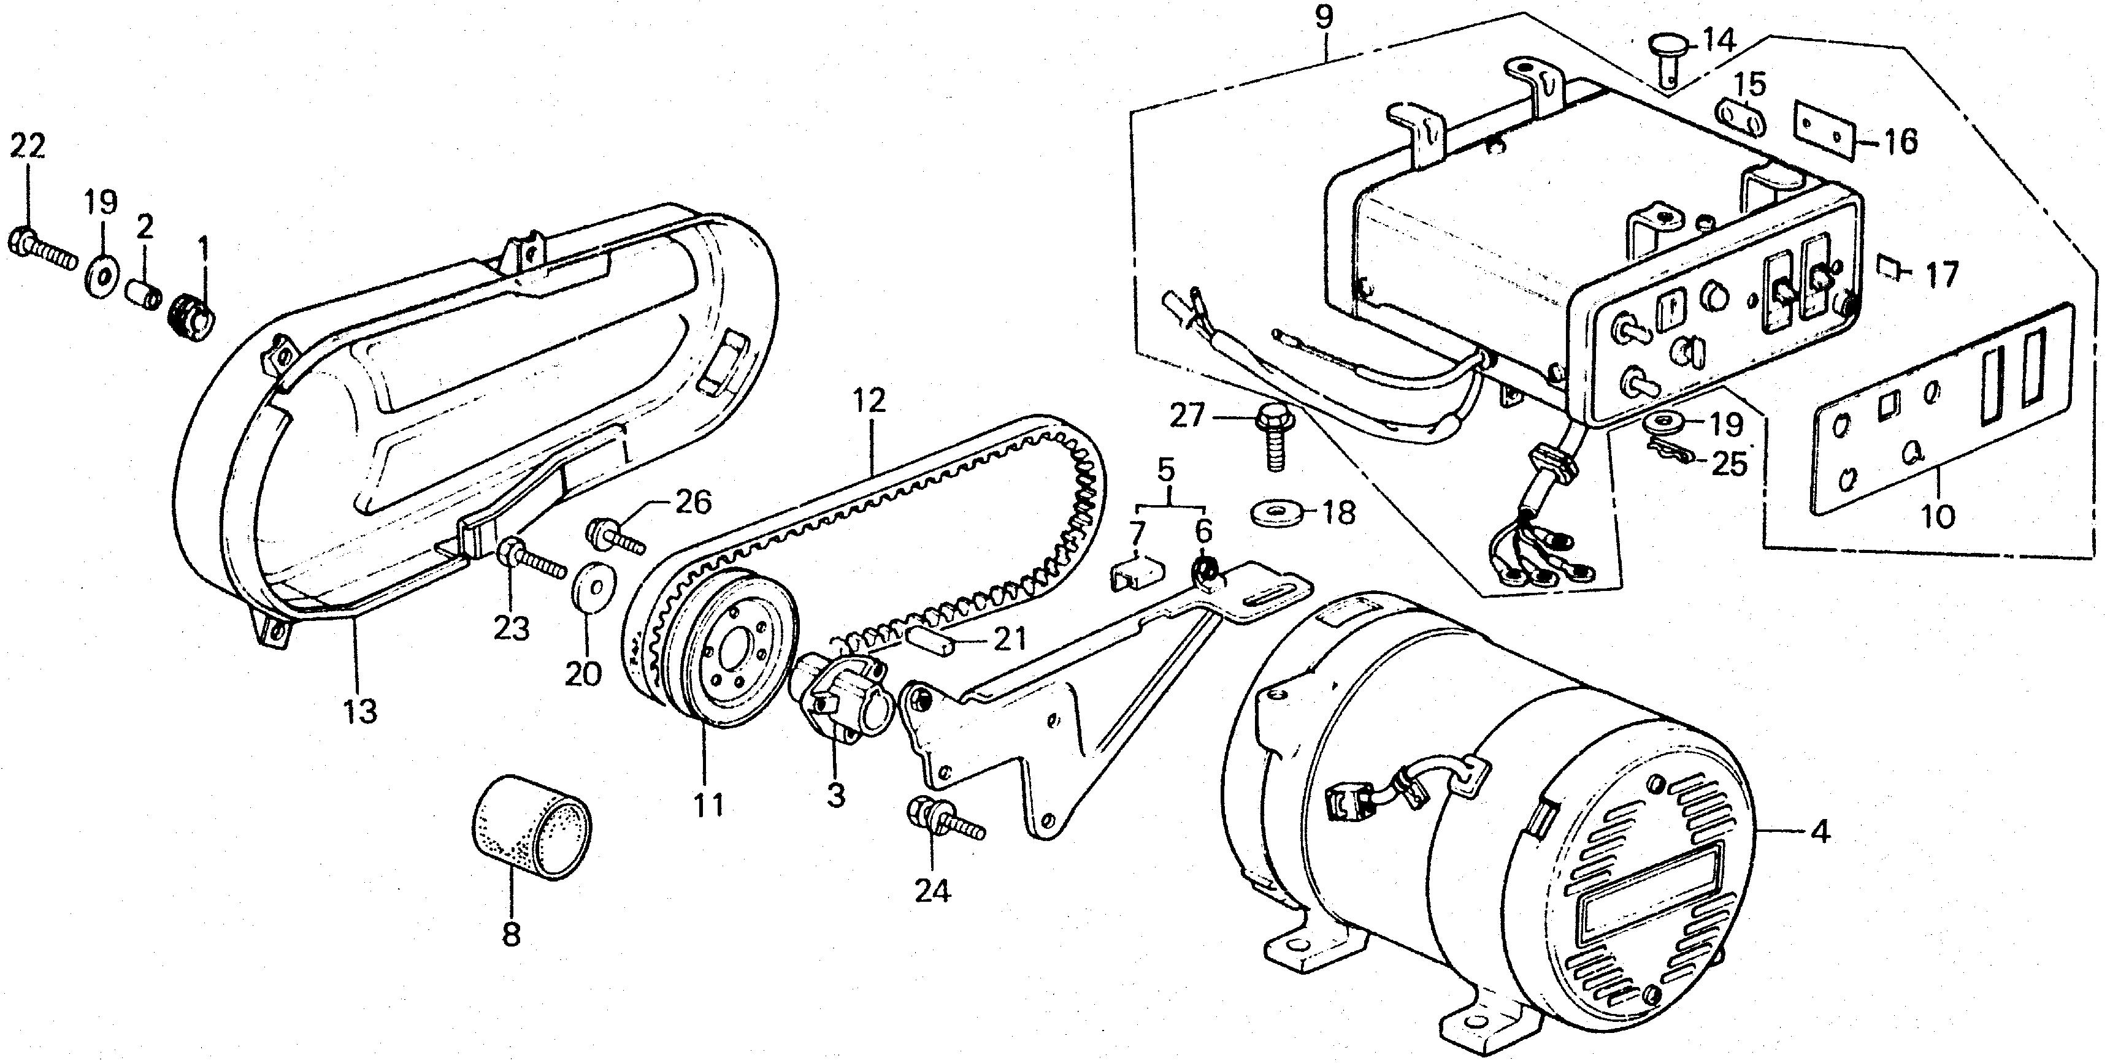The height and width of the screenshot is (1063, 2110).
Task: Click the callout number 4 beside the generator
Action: [x=1819, y=834]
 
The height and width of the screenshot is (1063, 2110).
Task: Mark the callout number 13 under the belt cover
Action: [x=361, y=712]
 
